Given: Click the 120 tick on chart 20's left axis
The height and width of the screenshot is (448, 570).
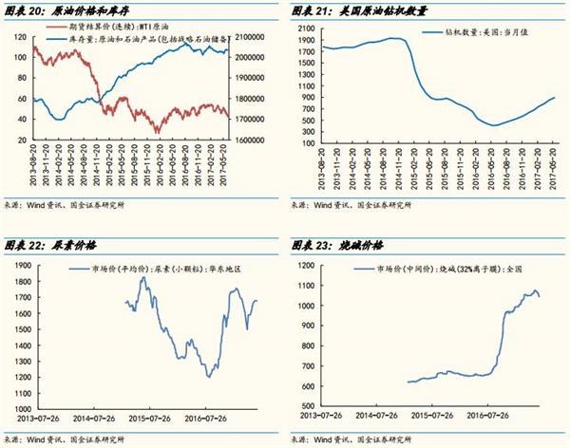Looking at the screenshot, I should [21, 36].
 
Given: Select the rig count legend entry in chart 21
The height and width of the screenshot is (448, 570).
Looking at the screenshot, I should [451, 32].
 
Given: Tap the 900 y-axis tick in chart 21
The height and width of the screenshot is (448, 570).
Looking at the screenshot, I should [307, 98].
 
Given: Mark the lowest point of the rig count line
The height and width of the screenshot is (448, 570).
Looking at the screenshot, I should [493, 125].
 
